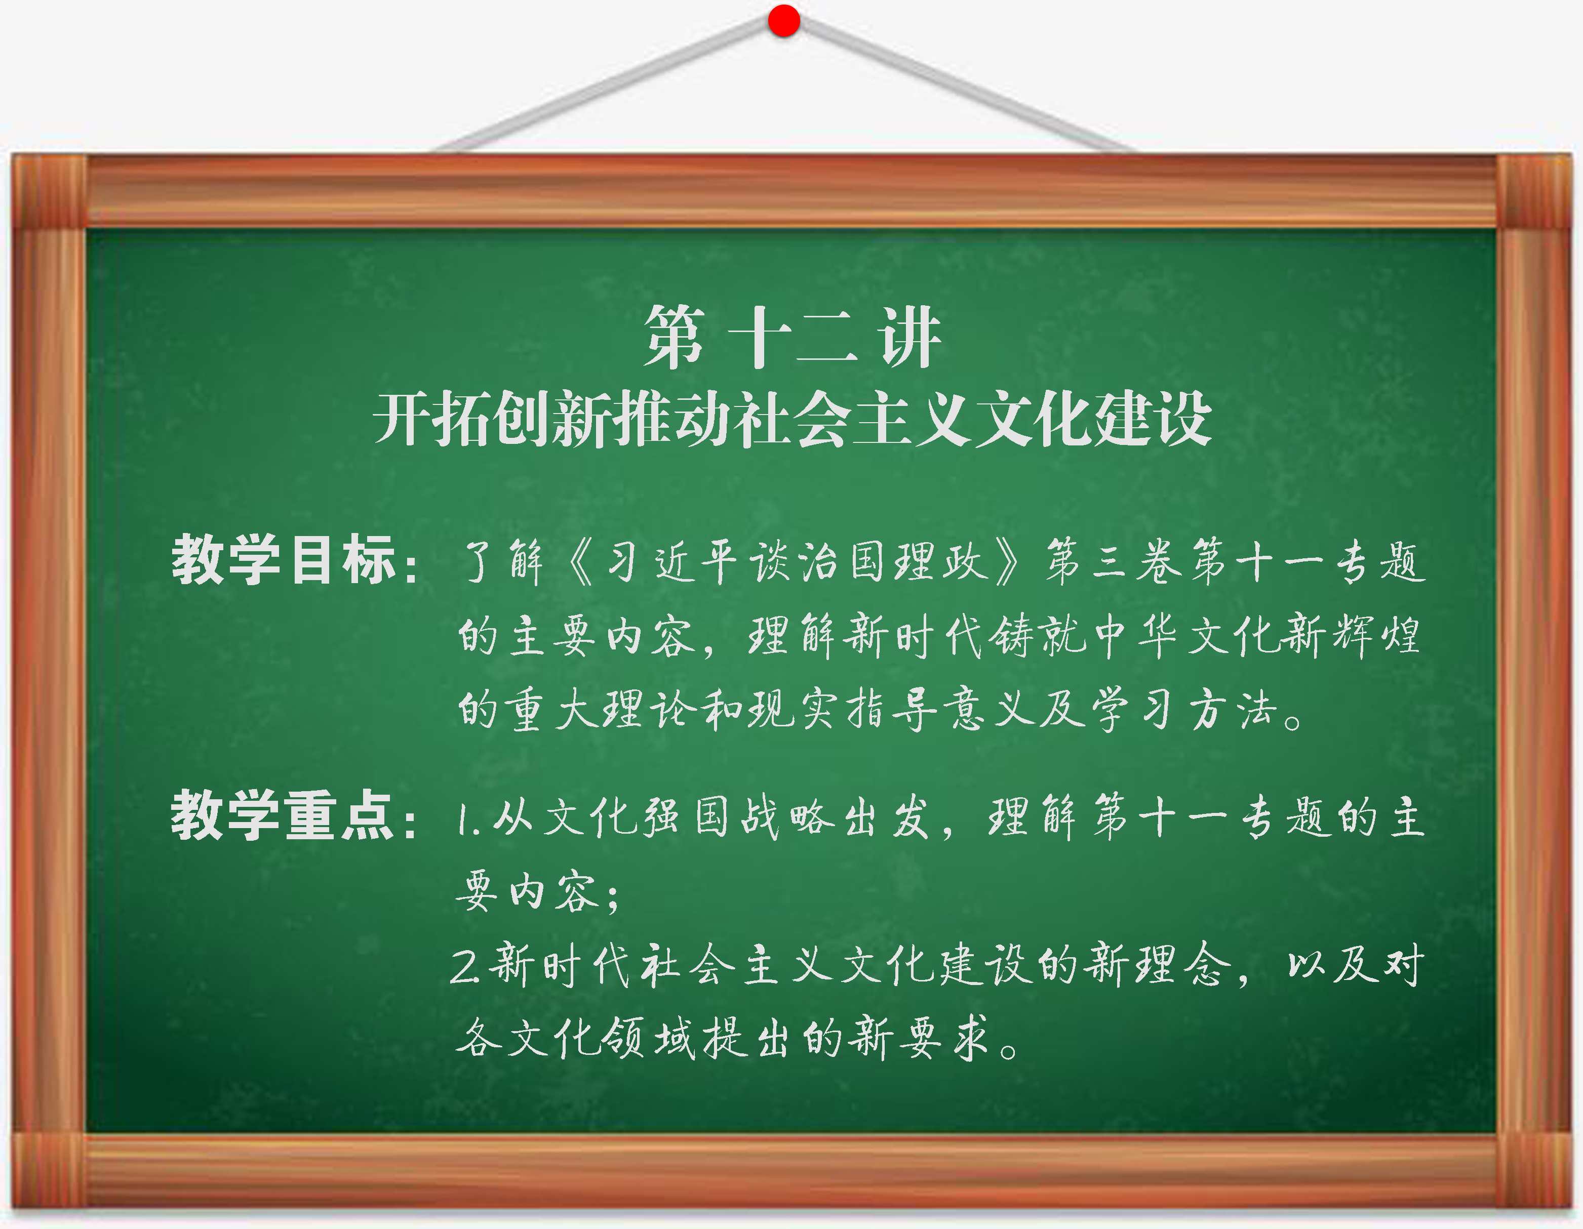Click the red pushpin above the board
783,20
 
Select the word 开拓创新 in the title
494,419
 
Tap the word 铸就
1038,636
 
